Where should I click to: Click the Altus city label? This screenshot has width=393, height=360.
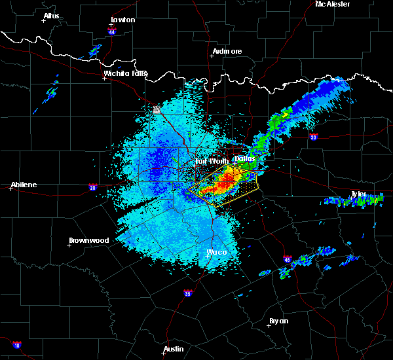pos(51,16)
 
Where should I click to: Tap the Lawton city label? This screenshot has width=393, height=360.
pos(123,20)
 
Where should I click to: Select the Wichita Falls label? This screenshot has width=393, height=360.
pos(126,73)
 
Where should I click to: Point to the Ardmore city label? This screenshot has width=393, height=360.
pos(227,51)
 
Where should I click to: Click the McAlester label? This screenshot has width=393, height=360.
pos(333,4)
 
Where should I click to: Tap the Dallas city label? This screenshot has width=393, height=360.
pos(245,158)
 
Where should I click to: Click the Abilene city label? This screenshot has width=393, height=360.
pos(23,185)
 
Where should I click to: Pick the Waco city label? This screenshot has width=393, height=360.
pos(217,252)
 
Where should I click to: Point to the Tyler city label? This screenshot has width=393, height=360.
pos(359,194)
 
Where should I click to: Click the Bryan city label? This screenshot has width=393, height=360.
pos(278,321)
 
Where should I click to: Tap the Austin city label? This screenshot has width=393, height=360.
pos(174,349)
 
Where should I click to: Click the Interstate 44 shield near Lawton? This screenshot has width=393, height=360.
pos(113,31)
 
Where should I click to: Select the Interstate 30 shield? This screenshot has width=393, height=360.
pos(314,137)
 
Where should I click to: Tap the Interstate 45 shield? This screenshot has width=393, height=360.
pos(288,259)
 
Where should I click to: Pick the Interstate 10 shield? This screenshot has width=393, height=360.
pos(16,344)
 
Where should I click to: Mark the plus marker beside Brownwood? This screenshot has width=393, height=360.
pos(69,245)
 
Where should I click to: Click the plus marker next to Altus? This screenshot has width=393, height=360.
pos(44,21)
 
